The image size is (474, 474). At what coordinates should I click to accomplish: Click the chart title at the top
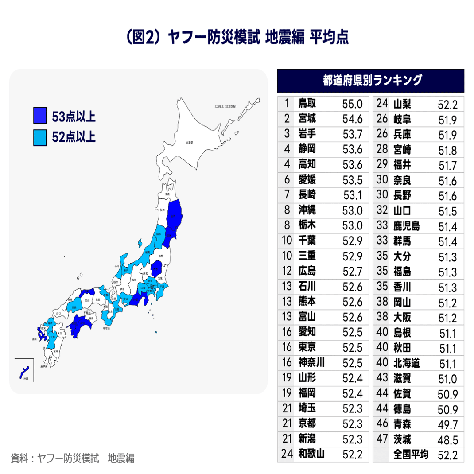(237, 38)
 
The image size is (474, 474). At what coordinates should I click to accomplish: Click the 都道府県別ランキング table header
(370, 81)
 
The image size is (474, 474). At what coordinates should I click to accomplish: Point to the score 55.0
(353, 104)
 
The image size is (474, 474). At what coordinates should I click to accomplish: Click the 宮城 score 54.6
(353, 119)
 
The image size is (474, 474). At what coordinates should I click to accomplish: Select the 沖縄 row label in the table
(307, 210)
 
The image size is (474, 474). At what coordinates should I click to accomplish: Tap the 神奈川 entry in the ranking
(311, 363)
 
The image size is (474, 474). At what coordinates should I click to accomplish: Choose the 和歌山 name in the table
(311, 454)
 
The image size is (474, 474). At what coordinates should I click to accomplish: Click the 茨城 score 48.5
(448, 439)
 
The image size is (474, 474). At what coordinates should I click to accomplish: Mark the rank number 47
(382, 439)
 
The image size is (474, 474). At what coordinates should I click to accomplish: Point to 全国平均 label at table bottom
(411, 455)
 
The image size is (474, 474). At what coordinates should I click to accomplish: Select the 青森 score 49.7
(448, 424)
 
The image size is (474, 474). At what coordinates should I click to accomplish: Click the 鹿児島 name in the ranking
(406, 226)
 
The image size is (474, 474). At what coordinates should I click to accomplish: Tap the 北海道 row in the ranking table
(406, 364)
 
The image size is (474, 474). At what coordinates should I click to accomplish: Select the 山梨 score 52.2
(447, 105)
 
